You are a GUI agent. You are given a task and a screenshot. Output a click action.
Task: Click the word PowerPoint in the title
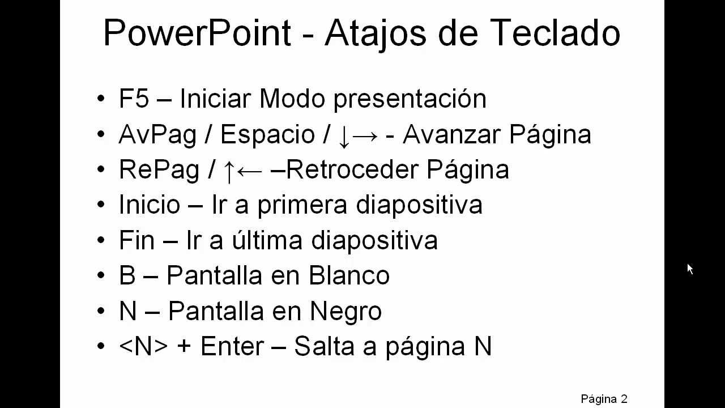[197, 33]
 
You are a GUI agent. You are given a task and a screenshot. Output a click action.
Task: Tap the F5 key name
[134, 99]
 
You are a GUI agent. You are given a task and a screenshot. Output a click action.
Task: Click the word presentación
[410, 99]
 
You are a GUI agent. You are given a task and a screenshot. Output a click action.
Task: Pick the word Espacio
[267, 135]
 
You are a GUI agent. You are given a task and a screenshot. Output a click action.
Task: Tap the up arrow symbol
[229, 172]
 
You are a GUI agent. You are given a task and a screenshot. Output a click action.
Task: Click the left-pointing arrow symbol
[250, 171]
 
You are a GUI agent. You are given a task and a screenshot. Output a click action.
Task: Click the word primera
[302, 205]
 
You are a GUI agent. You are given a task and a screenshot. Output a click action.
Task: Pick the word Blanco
[349, 275]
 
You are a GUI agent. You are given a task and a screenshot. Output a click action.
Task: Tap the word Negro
[346, 312]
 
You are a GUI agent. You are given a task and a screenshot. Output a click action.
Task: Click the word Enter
[233, 346]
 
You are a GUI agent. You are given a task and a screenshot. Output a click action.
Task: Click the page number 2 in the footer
[624, 398]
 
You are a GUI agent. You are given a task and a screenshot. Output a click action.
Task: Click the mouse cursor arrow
[690, 269]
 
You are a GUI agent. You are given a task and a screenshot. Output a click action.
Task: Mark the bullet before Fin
[101, 240]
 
